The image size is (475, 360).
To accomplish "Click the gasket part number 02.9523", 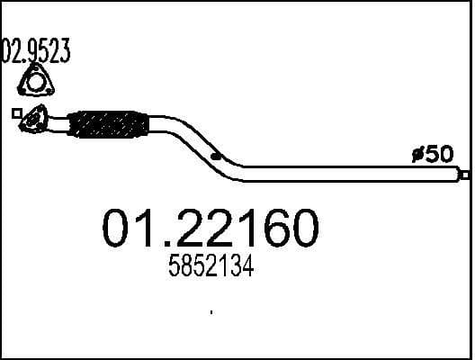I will (36, 49).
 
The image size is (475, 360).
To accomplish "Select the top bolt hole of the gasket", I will (35, 71).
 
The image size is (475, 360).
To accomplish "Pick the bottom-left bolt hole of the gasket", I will (24, 90).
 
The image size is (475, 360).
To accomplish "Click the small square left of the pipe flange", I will (16, 113).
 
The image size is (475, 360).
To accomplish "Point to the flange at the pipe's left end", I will (35, 119).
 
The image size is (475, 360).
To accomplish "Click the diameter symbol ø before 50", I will (417, 155).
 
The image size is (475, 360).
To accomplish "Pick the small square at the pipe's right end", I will (465, 173).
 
